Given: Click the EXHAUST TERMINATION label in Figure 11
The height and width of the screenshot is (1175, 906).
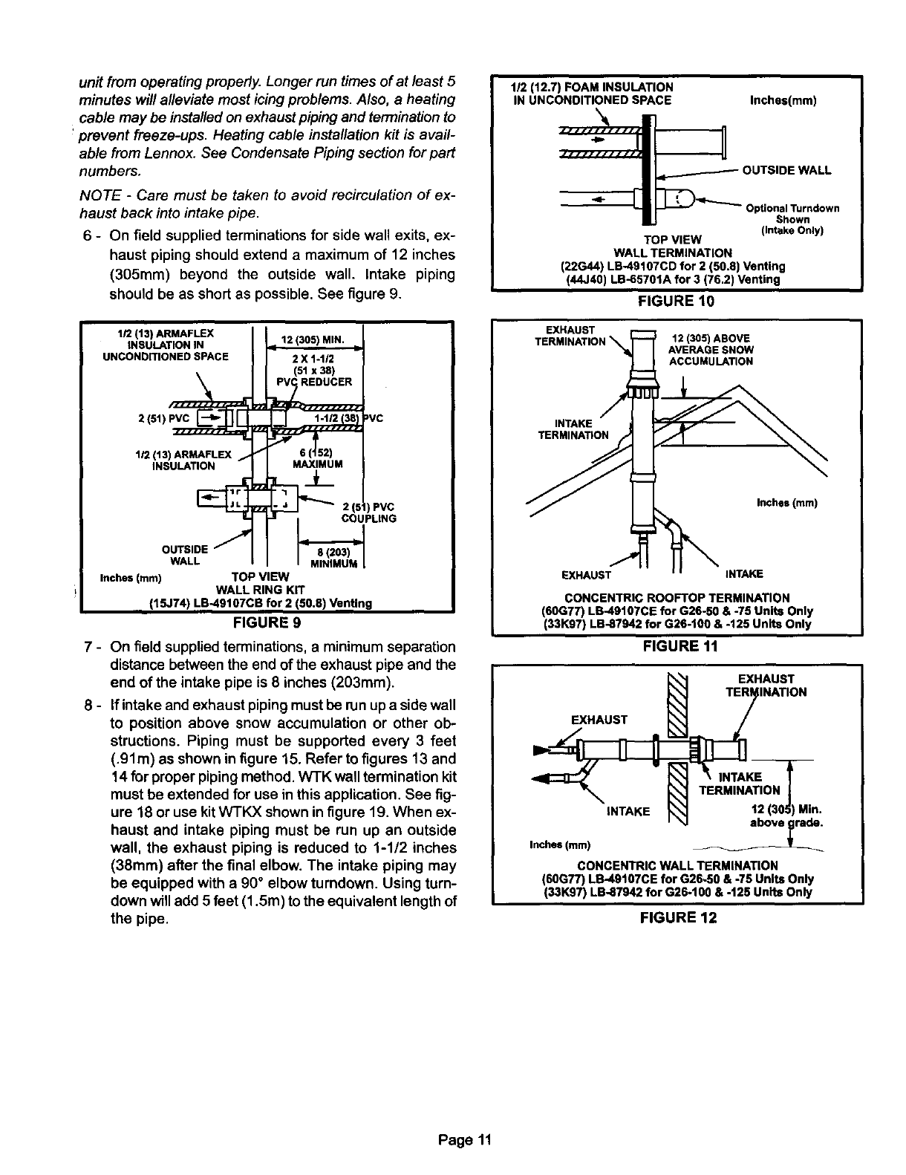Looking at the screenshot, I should (569, 336).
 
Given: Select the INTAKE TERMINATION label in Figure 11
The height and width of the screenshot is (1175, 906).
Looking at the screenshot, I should (573, 429).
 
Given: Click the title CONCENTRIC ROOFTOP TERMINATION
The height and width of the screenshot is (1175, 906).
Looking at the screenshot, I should (677, 598).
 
